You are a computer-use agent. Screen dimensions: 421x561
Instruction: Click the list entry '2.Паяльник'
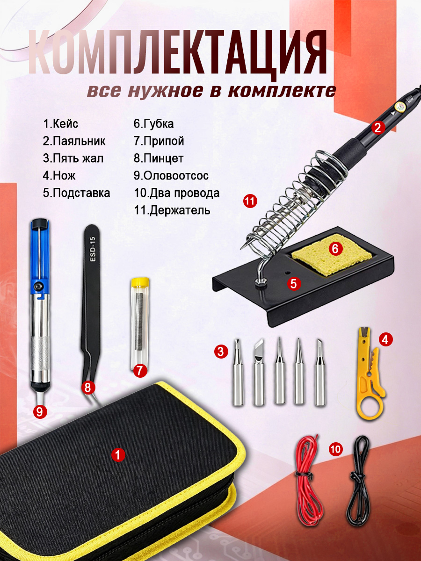pyautogui.click(x=74, y=141)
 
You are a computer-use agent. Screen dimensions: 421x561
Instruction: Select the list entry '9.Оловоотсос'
pyautogui.click(x=171, y=176)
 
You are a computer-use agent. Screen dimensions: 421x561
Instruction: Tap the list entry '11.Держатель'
pyautogui.click(x=172, y=210)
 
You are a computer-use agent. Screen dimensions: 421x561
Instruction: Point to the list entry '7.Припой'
pyautogui.click(x=159, y=141)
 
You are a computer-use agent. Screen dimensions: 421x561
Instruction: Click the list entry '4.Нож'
pyautogui.click(x=59, y=176)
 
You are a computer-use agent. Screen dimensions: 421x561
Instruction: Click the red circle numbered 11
pyautogui.click(x=250, y=201)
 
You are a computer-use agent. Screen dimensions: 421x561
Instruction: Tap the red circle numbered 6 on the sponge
pyautogui.click(x=335, y=248)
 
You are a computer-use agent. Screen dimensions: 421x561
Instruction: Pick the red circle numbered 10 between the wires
pyautogui.click(x=335, y=449)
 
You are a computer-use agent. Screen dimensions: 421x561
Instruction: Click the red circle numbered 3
pyautogui.click(x=221, y=352)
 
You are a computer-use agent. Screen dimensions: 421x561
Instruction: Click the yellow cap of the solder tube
pyautogui.click(x=140, y=284)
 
